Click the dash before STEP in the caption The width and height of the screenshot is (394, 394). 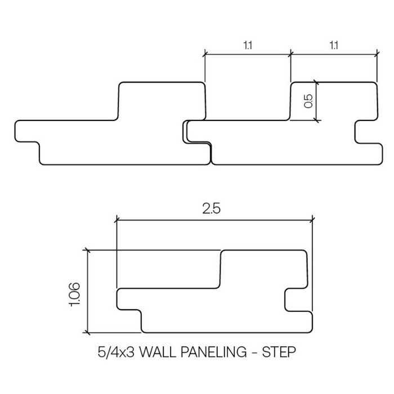256,353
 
